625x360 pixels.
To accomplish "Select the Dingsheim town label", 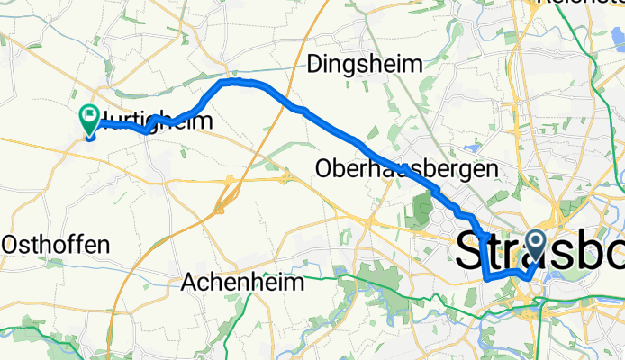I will point(365,64).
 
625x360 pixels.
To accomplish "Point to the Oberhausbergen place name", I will point(406,168).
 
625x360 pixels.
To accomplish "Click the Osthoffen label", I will point(56,244).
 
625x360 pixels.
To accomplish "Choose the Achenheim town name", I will point(243,282).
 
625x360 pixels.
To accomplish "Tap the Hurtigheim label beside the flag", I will point(162,121).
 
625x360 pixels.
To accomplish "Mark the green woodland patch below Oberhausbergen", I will point(421,209).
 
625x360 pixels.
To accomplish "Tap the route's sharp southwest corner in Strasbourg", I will point(487,279).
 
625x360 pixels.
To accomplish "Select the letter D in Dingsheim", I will point(316,64).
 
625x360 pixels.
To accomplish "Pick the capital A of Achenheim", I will point(190,282).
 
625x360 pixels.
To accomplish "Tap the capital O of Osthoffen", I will point(13,244).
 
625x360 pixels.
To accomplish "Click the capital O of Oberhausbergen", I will point(325,168).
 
